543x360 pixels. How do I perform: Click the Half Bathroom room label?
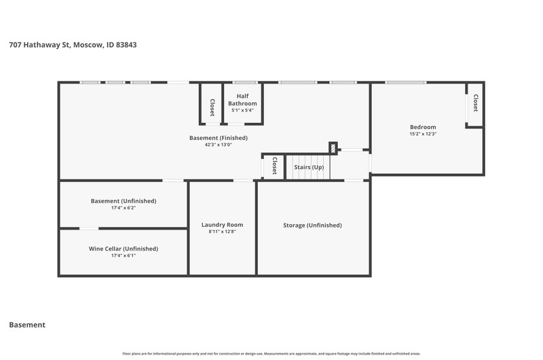click(x=242, y=100)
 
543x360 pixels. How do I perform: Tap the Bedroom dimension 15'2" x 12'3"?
click(x=423, y=134)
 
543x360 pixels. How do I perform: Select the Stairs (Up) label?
click(x=309, y=167)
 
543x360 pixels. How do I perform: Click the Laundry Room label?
click(x=223, y=225)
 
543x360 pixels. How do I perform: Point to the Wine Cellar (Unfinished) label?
click(x=124, y=249)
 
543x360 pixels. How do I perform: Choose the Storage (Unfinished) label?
click(x=312, y=226)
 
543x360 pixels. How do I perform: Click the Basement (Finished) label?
click(x=218, y=138)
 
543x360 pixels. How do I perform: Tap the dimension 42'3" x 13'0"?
click(x=218, y=145)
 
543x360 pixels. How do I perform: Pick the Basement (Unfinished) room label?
click(x=124, y=201)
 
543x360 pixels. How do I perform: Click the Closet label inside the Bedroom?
click(x=476, y=103)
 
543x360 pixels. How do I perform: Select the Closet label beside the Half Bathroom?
click(x=212, y=107)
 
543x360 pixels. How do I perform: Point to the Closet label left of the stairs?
click(x=274, y=166)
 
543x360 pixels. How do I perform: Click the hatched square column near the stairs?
click(x=333, y=148)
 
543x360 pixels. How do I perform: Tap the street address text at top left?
click(x=73, y=45)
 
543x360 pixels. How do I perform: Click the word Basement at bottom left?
click(x=27, y=325)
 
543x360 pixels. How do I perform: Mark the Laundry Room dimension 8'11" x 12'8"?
click(x=223, y=232)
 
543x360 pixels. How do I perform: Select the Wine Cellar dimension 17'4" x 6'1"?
click(x=124, y=255)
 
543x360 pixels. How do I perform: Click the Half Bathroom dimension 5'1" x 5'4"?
click(x=242, y=110)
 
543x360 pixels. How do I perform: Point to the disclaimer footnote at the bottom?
click(x=271, y=354)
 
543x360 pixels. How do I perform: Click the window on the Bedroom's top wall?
click(x=405, y=82)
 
